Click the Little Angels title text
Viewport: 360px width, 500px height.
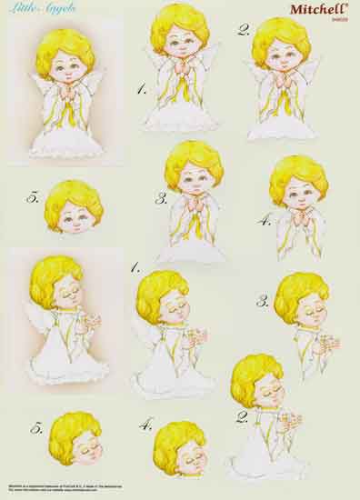point(31,8)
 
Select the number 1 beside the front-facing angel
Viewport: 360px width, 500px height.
point(141,89)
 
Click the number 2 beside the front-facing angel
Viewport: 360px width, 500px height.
point(244,29)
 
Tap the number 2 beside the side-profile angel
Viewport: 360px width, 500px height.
point(242,417)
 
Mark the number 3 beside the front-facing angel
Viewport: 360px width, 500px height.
point(161,197)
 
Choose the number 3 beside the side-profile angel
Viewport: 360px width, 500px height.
point(262,301)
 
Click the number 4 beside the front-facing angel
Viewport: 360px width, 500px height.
point(265,219)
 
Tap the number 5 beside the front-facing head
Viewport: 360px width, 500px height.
point(34,196)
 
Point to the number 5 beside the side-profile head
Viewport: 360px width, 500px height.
point(36,427)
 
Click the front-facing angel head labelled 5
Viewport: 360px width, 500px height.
point(73,205)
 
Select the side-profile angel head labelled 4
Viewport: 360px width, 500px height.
point(179,446)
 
